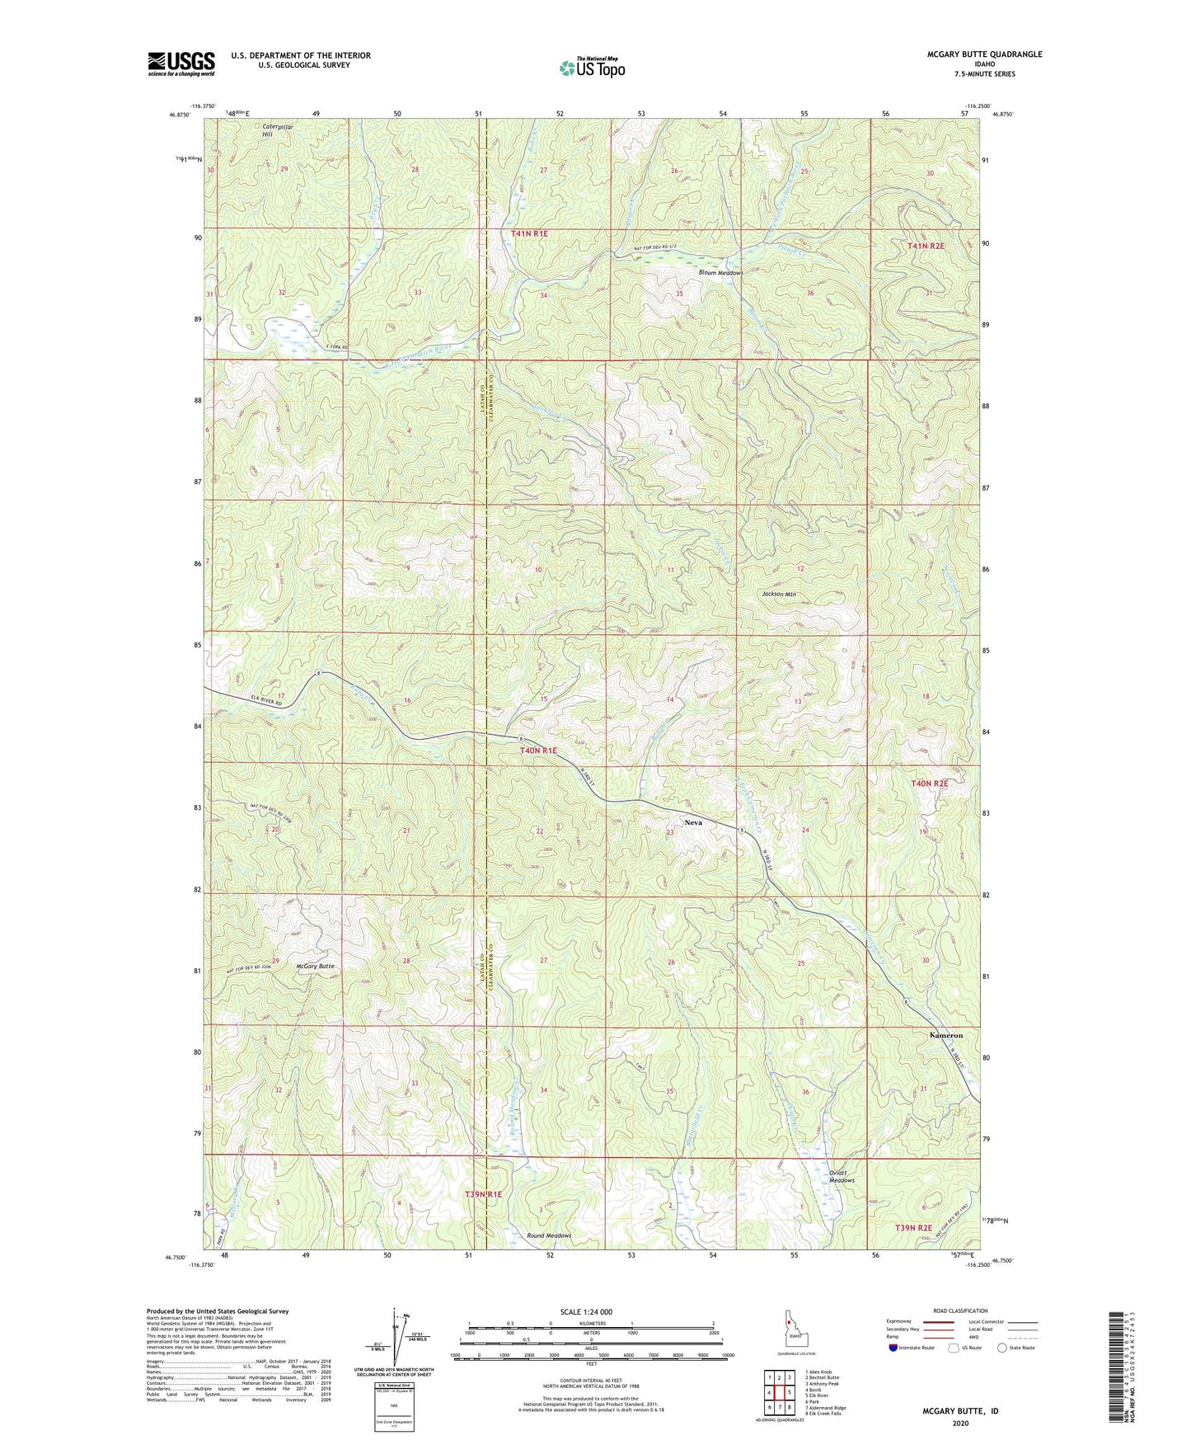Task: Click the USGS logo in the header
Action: click(x=181, y=64)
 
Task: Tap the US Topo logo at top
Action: click(x=591, y=68)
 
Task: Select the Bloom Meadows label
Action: click(x=720, y=273)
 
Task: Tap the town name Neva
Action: click(x=695, y=822)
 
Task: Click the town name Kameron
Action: click(x=945, y=1035)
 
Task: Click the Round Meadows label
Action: click(x=549, y=1235)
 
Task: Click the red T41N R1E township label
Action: click(x=529, y=233)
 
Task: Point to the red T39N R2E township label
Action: click(x=914, y=1228)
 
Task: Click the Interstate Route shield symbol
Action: click(x=893, y=1348)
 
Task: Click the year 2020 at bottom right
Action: click(x=960, y=1424)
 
